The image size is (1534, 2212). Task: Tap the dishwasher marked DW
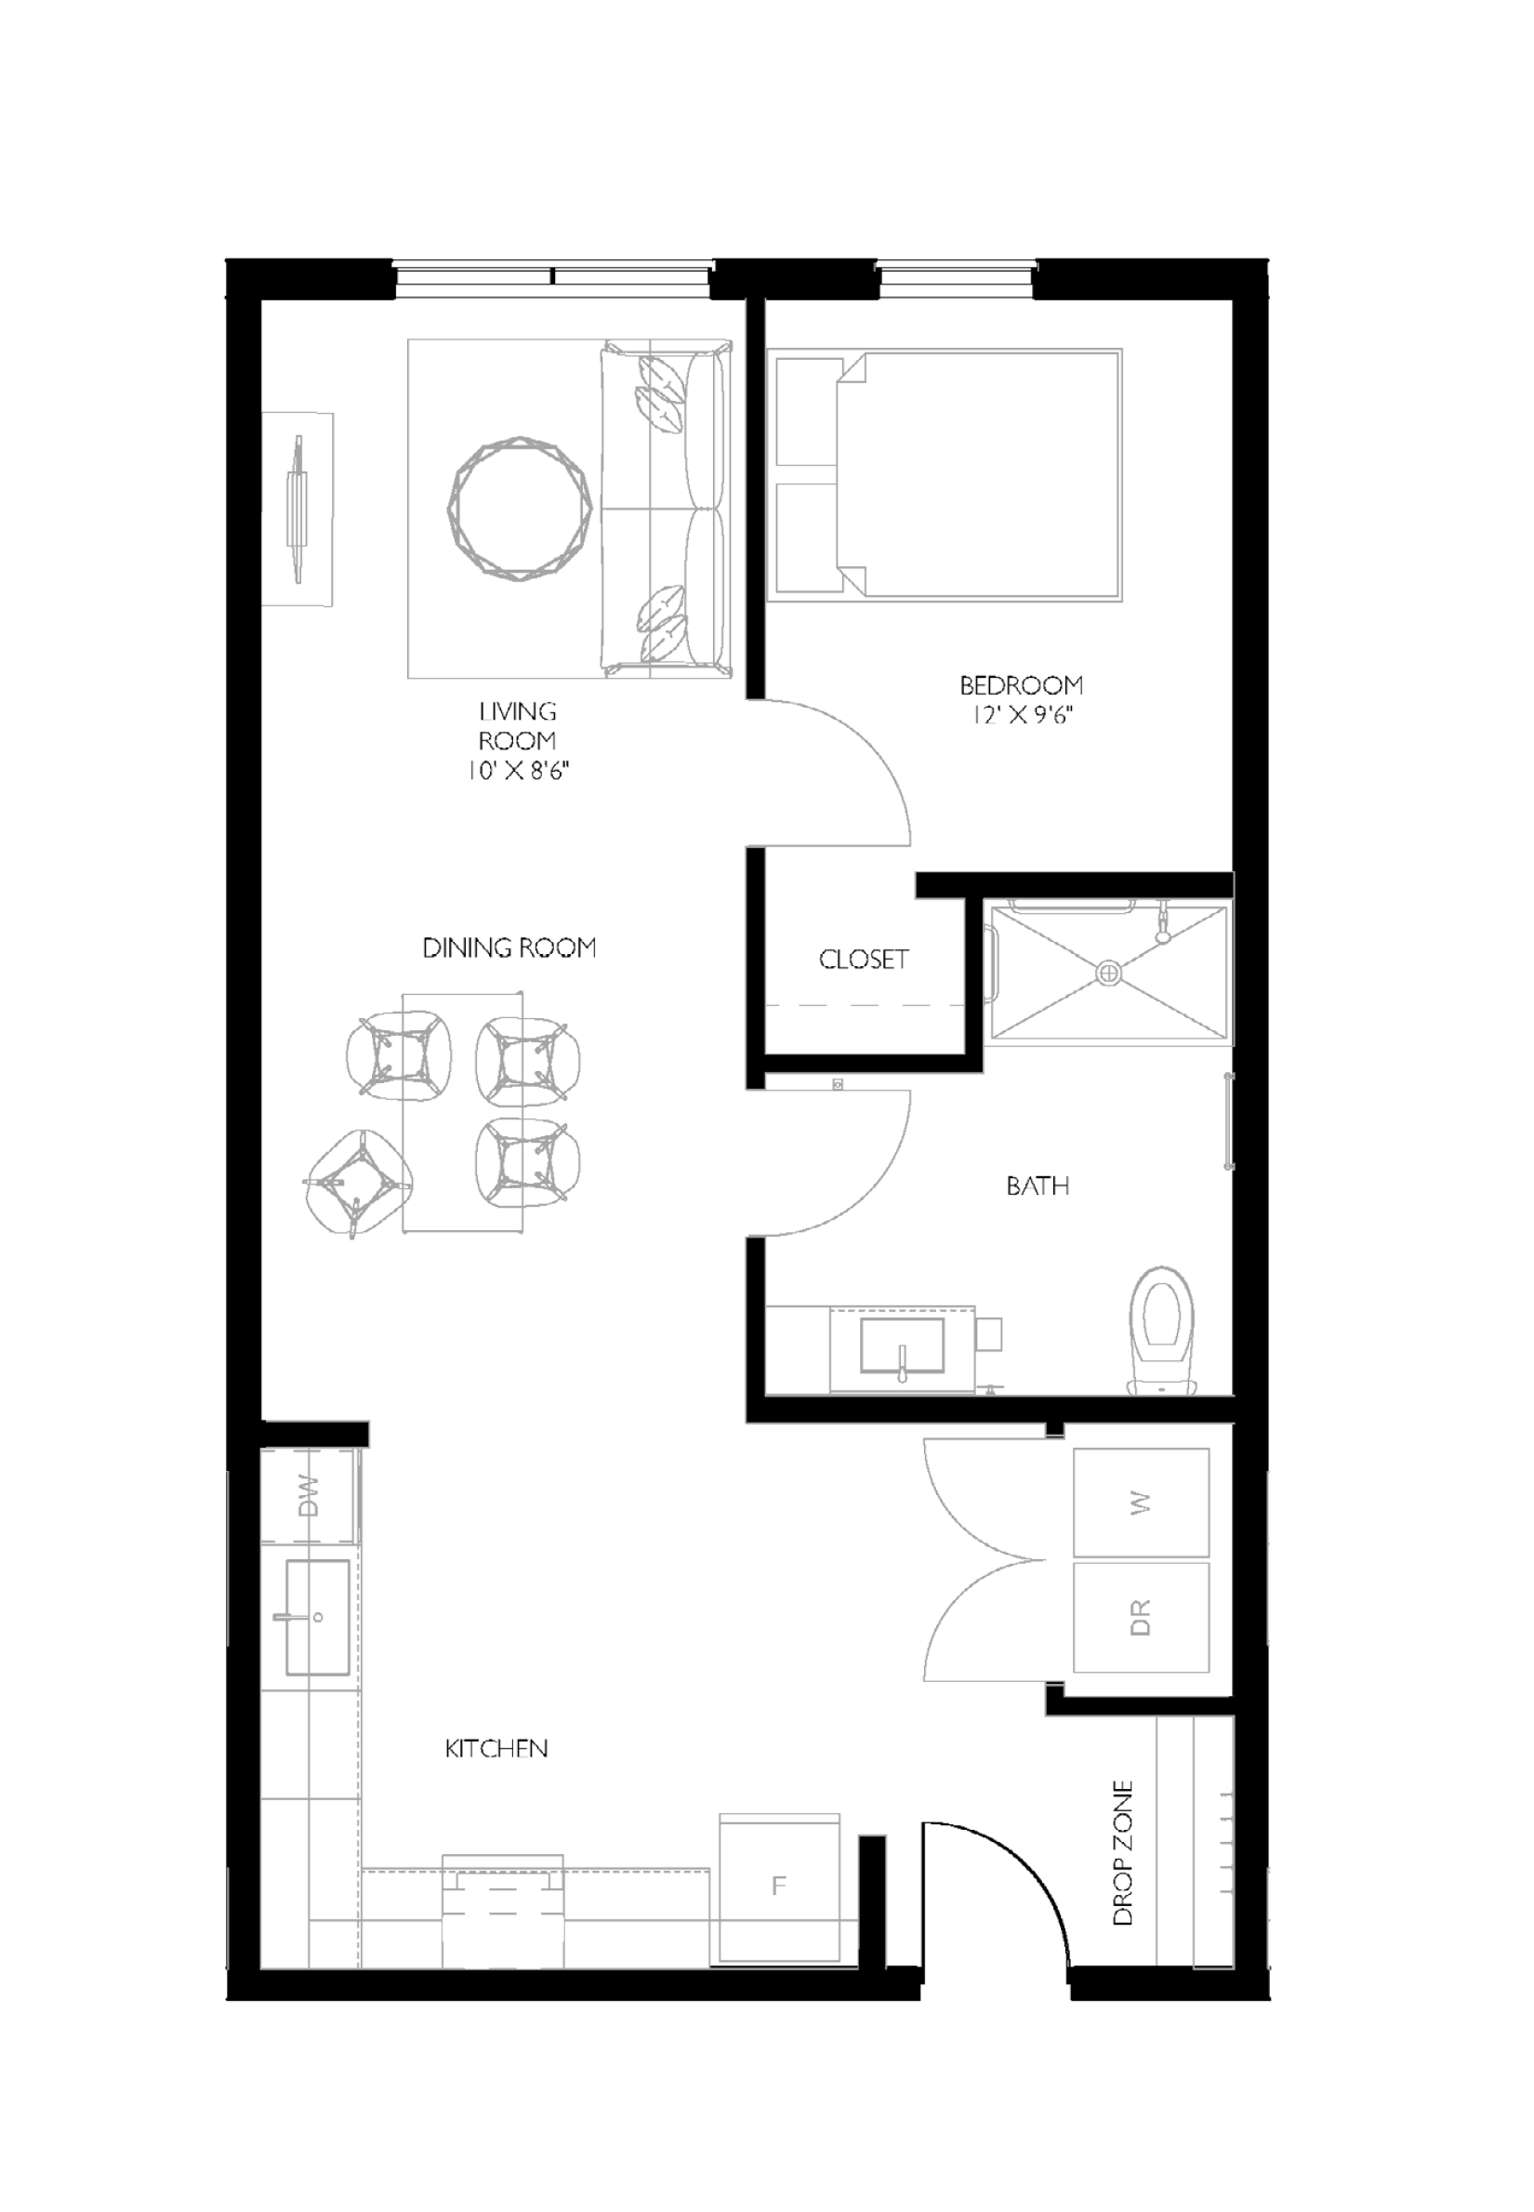[x=309, y=1496]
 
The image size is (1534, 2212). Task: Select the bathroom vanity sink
[x=902, y=1344]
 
